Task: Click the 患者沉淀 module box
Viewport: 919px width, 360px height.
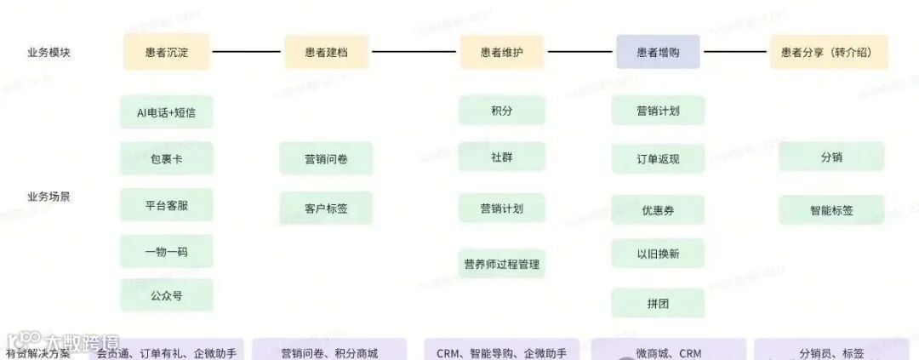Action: click(167, 52)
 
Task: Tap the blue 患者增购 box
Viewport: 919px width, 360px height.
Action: click(658, 52)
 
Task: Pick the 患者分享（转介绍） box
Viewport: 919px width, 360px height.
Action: click(828, 52)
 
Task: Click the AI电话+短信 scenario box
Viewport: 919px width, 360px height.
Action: click(167, 111)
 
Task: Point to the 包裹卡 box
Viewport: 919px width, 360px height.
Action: click(167, 158)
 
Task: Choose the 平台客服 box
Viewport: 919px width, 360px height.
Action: click(167, 204)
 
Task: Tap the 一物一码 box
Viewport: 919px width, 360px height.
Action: click(167, 251)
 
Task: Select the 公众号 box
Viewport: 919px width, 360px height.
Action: click(167, 295)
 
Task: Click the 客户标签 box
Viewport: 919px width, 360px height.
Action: click(326, 208)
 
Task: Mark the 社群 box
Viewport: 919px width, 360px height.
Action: click(502, 157)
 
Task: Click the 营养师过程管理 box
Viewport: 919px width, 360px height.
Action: click(502, 264)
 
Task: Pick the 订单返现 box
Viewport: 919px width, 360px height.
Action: click(658, 158)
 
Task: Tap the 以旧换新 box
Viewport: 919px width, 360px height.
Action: click(658, 254)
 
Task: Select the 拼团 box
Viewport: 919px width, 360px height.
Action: click(658, 302)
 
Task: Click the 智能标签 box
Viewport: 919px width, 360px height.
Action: click(831, 209)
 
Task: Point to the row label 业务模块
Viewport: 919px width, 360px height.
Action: click(49, 52)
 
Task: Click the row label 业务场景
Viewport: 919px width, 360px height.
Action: click(49, 197)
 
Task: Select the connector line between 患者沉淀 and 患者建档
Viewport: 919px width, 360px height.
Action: click(246, 52)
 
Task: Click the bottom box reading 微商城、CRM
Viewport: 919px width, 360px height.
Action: click(669, 351)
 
